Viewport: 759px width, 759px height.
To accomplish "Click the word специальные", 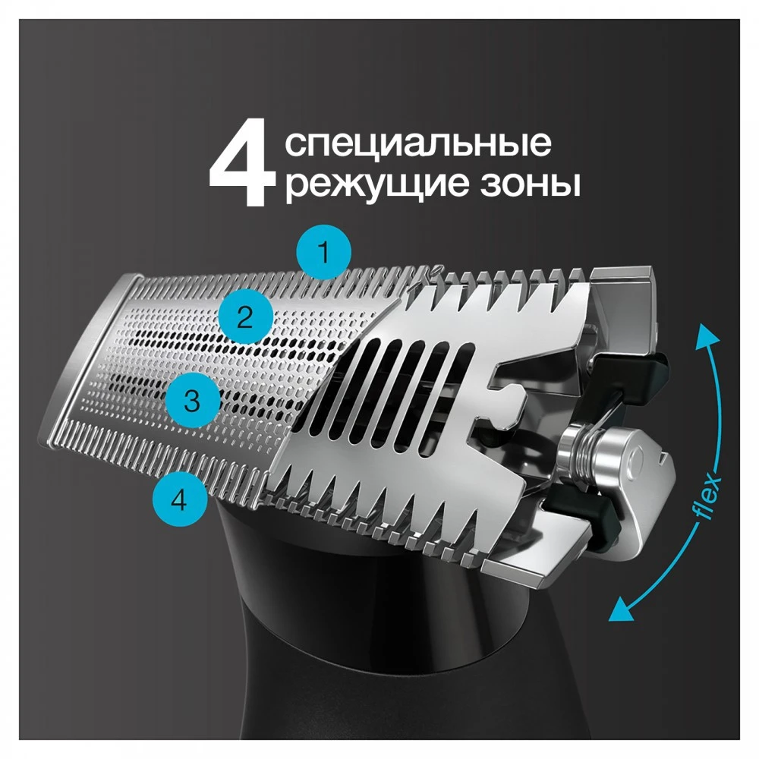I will tap(418, 143).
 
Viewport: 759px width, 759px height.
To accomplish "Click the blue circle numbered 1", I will tap(323, 253).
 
